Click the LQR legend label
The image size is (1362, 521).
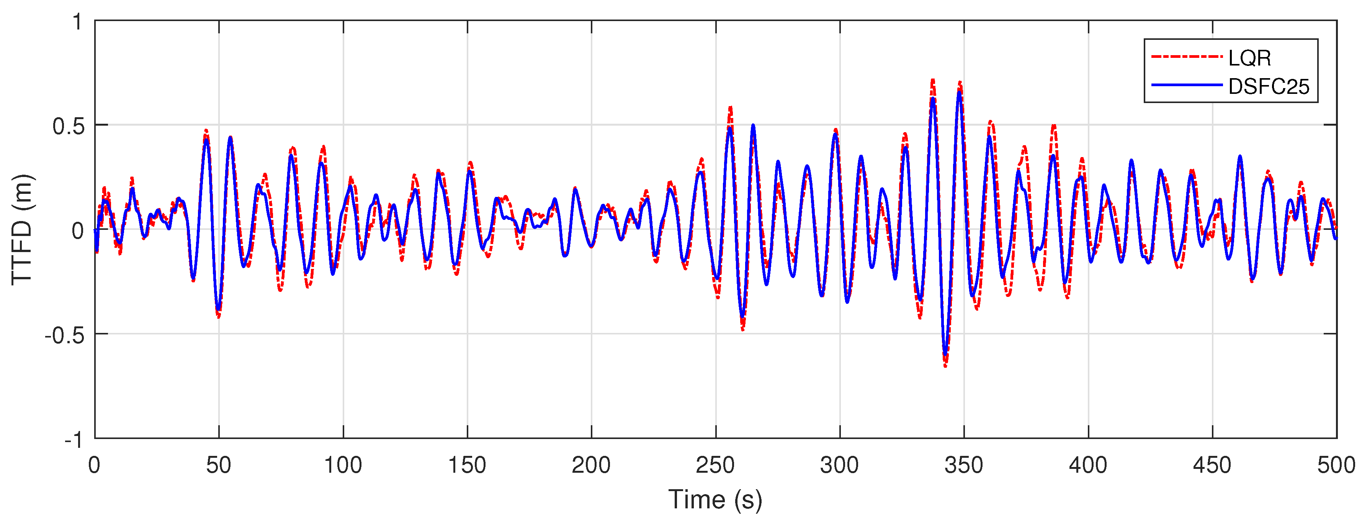(1249, 57)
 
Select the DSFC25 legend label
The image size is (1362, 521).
(1269, 86)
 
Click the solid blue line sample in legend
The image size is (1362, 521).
(1187, 85)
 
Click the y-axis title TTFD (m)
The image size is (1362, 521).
(22, 229)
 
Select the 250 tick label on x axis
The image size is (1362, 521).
(715, 465)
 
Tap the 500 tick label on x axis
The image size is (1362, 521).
(1336, 465)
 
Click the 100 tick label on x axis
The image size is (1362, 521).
(343, 465)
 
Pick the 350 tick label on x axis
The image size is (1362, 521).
(963, 465)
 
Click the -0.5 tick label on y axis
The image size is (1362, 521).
(64, 335)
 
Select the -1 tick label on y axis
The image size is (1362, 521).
(74, 439)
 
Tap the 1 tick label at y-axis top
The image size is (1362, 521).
(78, 23)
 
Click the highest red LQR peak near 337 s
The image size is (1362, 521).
(933, 80)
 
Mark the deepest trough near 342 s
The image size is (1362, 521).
(945, 365)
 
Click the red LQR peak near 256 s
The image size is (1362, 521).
(731, 107)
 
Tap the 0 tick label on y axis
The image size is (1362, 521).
(78, 231)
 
